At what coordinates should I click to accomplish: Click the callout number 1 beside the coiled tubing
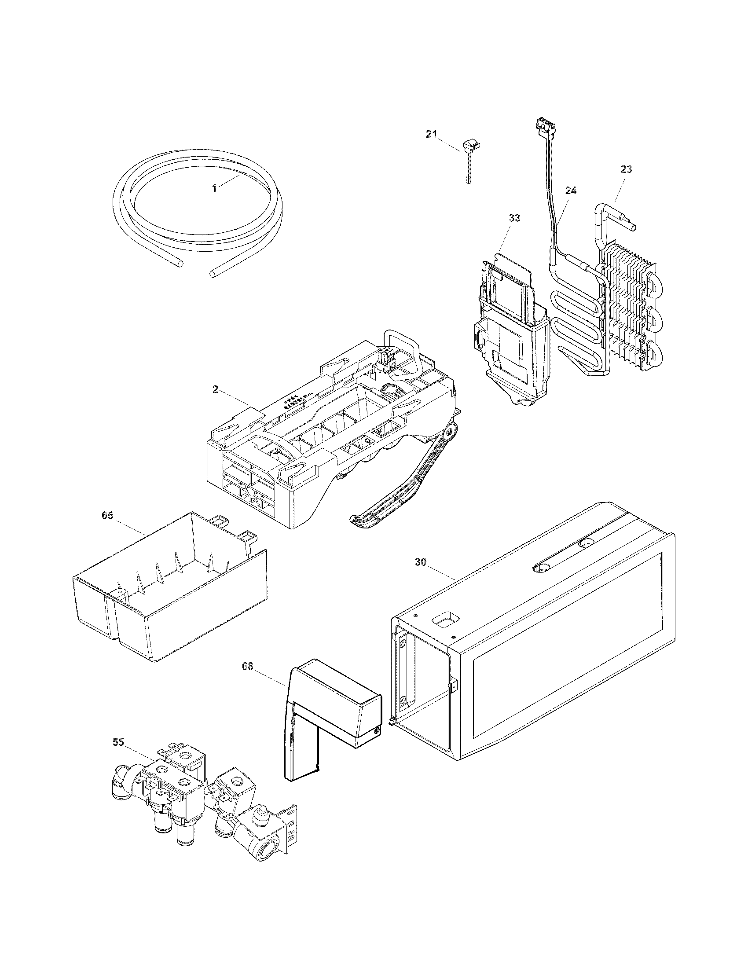(x=214, y=188)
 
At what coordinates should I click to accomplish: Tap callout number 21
(x=431, y=134)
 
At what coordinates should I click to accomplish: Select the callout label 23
(x=626, y=169)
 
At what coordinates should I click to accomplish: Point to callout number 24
(x=571, y=191)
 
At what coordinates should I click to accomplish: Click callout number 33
(x=514, y=218)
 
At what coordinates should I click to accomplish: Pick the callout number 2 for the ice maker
(x=215, y=389)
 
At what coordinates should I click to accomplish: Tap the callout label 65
(x=107, y=516)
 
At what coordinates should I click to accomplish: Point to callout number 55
(x=118, y=742)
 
